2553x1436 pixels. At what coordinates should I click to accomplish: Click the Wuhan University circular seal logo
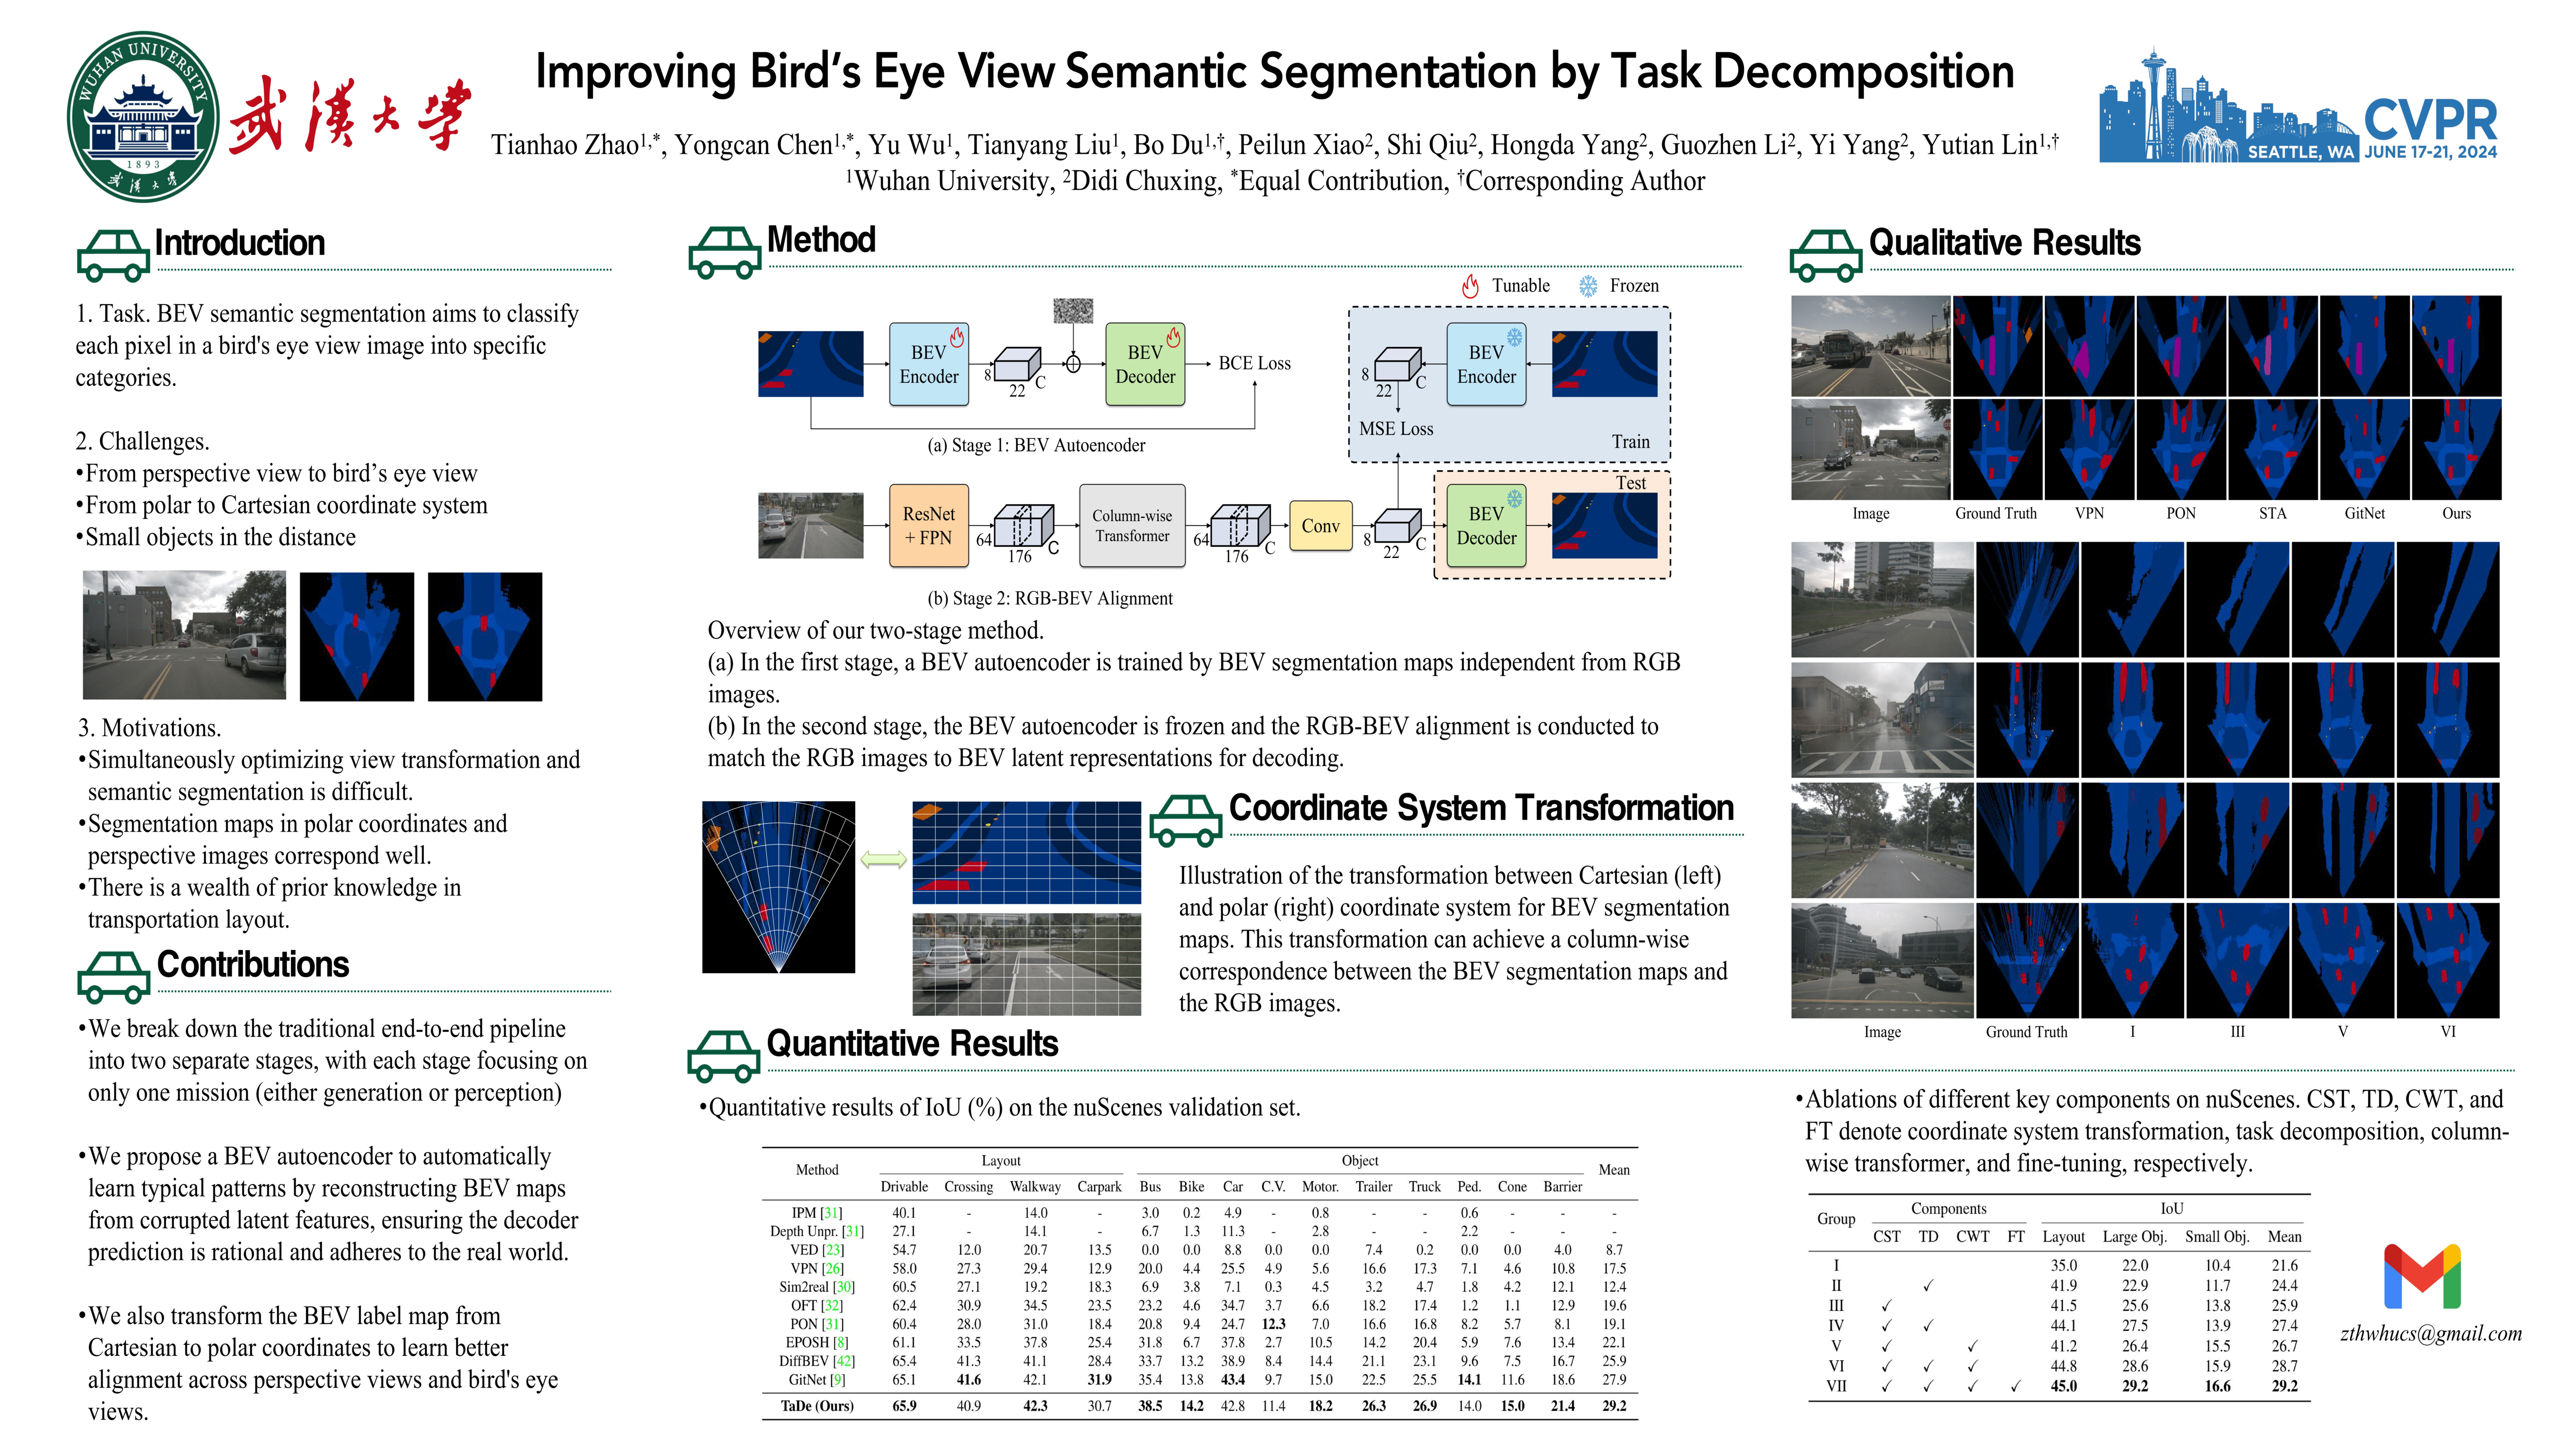143,117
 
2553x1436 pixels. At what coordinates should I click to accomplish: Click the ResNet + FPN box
928,526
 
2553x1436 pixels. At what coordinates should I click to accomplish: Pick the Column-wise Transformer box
1132,526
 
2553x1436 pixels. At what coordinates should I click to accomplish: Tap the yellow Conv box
1320,526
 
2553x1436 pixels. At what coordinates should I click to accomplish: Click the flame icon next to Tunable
1471,286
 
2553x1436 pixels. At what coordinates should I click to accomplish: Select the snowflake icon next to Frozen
1588,286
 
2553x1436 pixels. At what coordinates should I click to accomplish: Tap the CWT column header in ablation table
1972,1237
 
